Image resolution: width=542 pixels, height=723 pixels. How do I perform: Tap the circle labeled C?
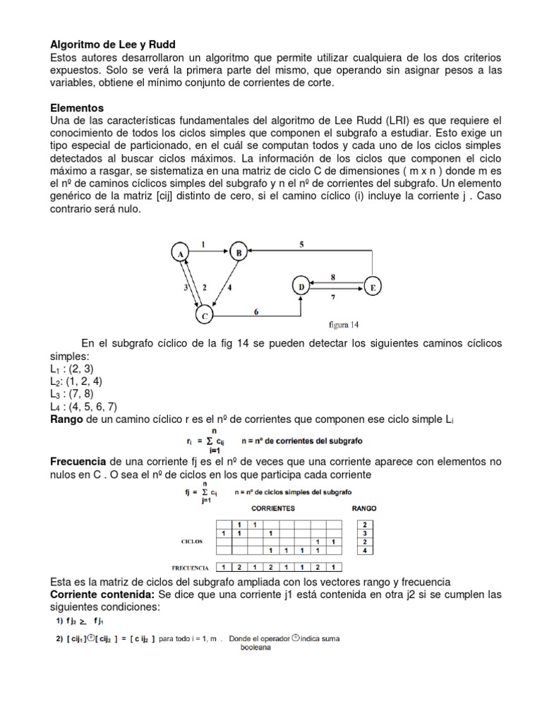[205, 316]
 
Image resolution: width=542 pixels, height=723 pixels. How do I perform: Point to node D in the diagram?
[301, 286]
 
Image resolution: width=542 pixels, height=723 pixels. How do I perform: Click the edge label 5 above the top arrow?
[301, 244]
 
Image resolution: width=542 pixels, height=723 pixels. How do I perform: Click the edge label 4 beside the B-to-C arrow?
[230, 289]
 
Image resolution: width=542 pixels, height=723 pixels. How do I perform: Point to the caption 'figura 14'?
[344, 325]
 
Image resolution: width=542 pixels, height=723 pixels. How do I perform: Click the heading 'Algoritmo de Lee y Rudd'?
[112, 43]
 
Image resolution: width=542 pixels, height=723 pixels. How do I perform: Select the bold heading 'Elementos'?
[77, 108]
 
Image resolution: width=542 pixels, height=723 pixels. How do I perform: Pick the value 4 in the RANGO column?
[363, 550]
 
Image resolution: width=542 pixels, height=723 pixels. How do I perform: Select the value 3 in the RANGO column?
[363, 533]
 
